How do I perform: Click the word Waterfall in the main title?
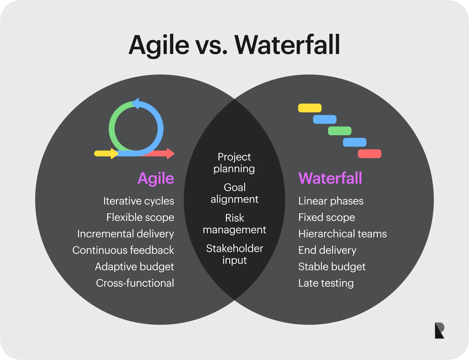287,45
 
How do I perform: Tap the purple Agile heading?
156,178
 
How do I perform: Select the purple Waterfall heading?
330,178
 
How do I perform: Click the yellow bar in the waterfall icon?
310,108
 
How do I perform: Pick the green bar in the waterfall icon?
339,131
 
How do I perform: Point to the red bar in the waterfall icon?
369,154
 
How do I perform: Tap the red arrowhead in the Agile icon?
170,153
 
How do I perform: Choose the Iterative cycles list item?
138,201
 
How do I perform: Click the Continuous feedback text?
123,250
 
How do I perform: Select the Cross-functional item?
135,283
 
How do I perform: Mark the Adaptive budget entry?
134,267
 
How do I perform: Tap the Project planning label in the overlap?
234,163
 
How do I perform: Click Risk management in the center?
235,224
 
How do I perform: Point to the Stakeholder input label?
235,254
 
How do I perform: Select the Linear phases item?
331,201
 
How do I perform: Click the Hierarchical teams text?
342,234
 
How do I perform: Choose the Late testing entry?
326,283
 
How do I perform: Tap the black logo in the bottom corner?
439,331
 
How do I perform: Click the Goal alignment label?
235,193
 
